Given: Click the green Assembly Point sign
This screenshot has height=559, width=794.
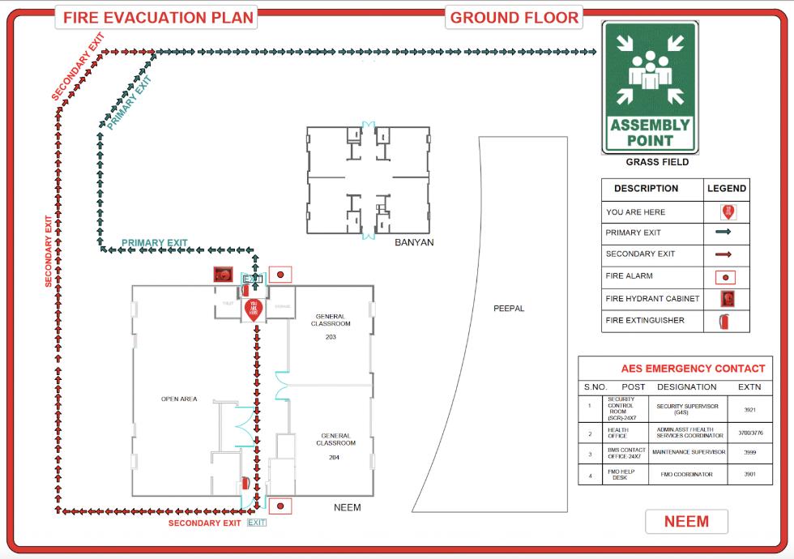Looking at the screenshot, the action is [x=650, y=87].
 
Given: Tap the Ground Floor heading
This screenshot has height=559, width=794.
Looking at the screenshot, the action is [x=514, y=17].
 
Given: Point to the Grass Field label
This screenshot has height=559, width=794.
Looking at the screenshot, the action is [x=657, y=162].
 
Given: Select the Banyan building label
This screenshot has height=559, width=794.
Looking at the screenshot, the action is [x=414, y=243].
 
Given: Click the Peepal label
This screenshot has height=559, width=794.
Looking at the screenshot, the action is [x=509, y=309].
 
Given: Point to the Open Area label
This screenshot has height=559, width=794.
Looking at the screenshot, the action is [x=179, y=399].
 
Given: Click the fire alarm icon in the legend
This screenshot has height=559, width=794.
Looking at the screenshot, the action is [x=727, y=276].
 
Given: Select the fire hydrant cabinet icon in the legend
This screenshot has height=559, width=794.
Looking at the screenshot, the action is [x=727, y=298].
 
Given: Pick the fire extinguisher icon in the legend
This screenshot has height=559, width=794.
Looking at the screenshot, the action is [x=727, y=321].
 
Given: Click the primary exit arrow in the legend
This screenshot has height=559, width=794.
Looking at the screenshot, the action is [x=724, y=233].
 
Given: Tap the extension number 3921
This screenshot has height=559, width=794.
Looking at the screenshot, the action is [x=749, y=410].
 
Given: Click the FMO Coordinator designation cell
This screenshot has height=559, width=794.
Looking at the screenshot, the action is [x=687, y=475].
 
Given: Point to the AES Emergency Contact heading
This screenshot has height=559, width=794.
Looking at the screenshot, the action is [x=693, y=369].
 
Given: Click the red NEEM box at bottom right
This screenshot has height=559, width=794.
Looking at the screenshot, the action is [x=686, y=522].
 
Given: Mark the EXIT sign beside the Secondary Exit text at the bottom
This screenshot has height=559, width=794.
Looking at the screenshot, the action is [x=257, y=523].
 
